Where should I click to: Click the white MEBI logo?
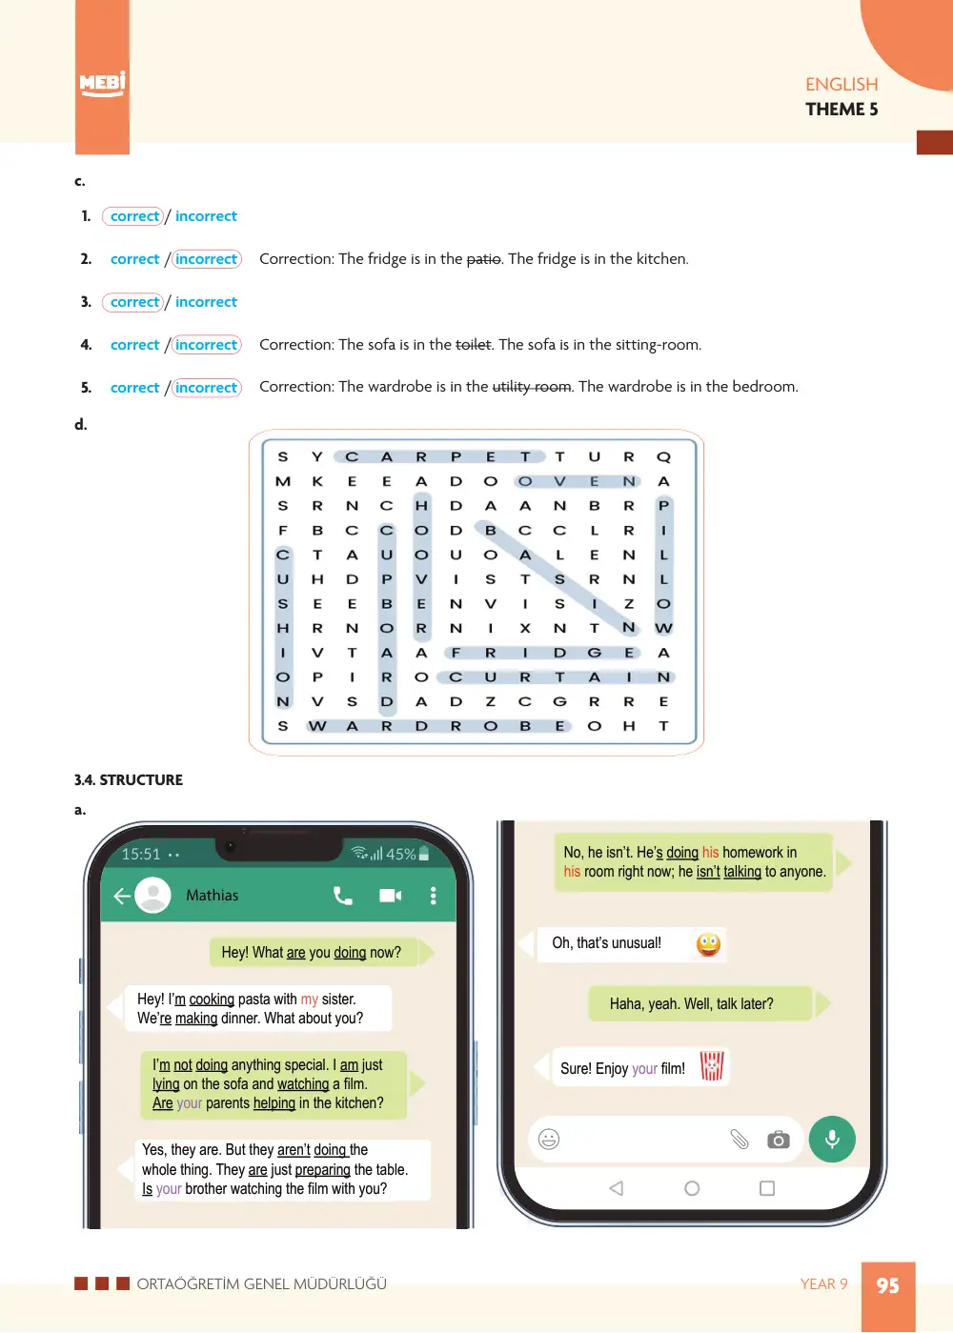click(x=102, y=84)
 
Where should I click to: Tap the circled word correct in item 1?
click(x=134, y=216)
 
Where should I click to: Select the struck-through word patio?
click(x=483, y=259)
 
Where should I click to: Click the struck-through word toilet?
click(x=474, y=345)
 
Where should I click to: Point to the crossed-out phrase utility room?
click(x=532, y=387)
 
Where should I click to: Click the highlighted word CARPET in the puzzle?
click(x=438, y=457)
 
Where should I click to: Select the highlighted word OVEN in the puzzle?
click(x=577, y=481)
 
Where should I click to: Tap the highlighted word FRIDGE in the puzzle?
click(x=542, y=653)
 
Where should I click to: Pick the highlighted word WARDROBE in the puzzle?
click(x=438, y=726)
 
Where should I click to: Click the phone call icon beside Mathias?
click(x=342, y=896)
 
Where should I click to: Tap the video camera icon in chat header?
click(x=391, y=896)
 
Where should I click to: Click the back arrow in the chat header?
click(x=121, y=896)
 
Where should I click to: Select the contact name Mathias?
click(x=212, y=895)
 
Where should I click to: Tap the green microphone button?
click(x=832, y=1139)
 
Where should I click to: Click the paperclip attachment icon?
click(x=739, y=1139)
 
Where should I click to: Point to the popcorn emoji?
click(x=711, y=1066)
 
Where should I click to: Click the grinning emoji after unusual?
click(x=708, y=944)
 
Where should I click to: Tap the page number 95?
click(x=887, y=1285)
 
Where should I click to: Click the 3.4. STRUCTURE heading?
click(x=129, y=779)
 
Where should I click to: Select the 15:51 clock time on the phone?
click(x=141, y=854)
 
